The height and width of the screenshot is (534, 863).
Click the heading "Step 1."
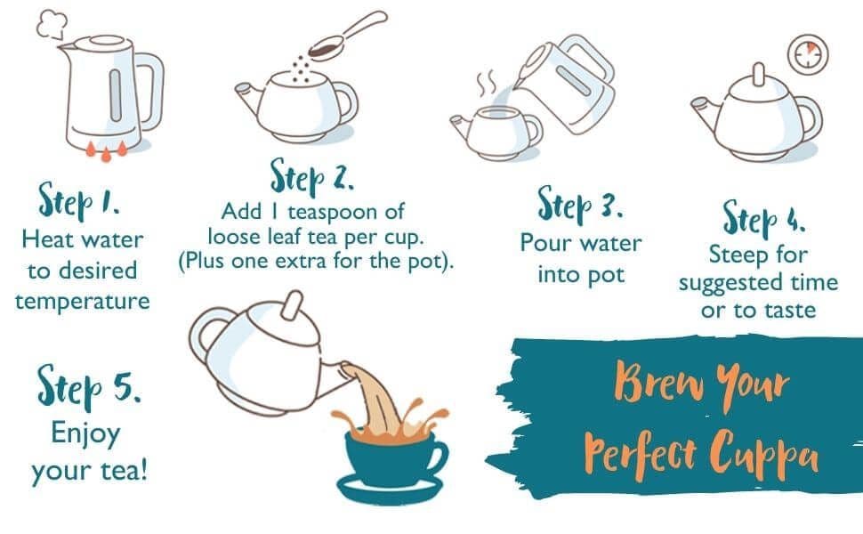(78, 201)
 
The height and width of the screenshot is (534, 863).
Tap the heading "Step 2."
(311, 177)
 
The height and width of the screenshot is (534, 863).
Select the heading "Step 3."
(580, 205)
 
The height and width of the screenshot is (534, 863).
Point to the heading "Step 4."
(764, 219)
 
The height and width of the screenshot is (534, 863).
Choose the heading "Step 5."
(89, 386)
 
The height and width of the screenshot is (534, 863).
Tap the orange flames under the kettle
(106, 150)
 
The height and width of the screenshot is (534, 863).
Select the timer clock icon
(808, 54)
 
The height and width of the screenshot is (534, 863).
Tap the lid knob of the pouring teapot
(292, 305)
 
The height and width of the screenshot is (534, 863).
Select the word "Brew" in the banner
(658, 381)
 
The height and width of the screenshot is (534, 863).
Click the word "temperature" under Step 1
(83, 302)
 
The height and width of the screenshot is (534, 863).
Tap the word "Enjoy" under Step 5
(85, 433)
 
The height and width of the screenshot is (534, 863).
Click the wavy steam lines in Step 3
(487, 83)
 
